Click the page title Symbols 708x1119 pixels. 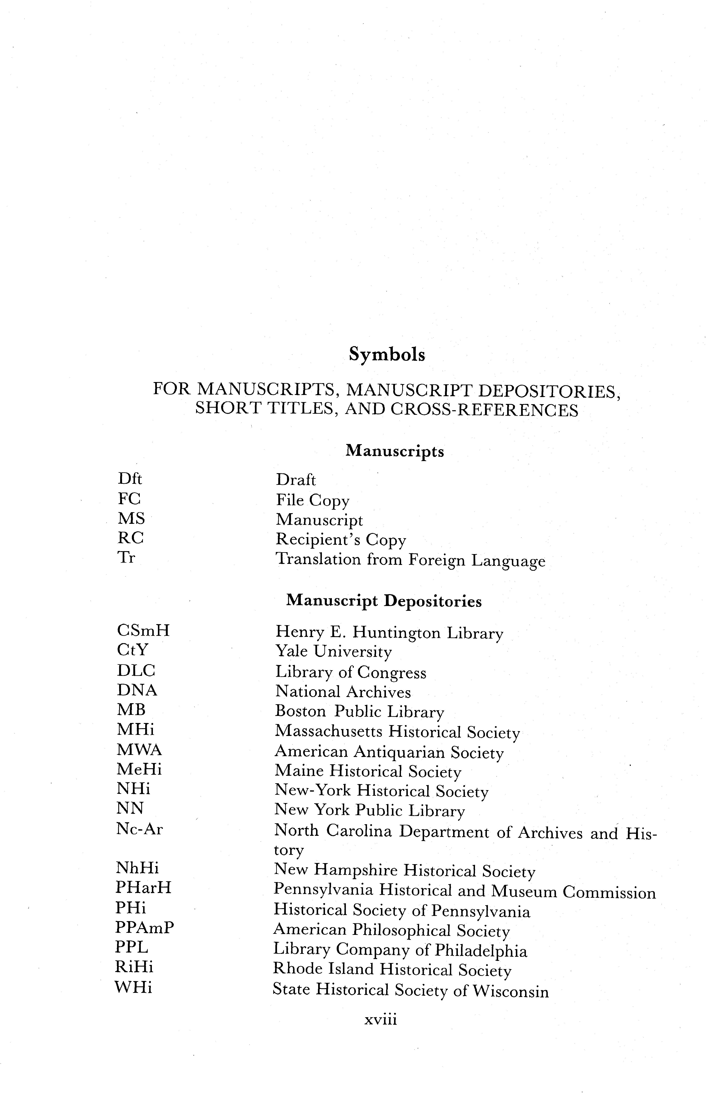pyautogui.click(x=387, y=355)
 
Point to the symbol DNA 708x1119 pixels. pyautogui.click(x=137, y=690)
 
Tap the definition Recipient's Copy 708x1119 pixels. pyautogui.click(x=341, y=540)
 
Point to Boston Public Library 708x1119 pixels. pyautogui.click(x=359, y=712)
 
